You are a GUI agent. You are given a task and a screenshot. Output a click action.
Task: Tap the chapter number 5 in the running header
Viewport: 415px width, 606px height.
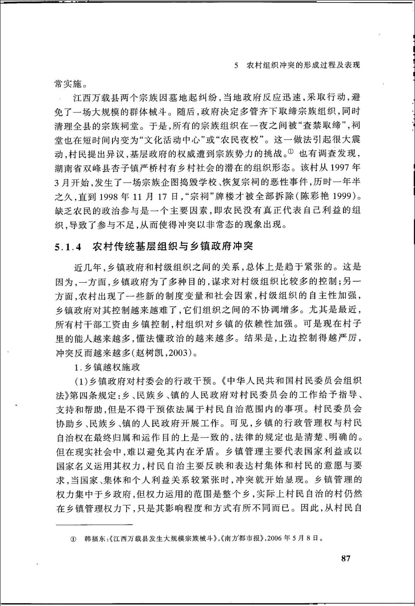[237, 66]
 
